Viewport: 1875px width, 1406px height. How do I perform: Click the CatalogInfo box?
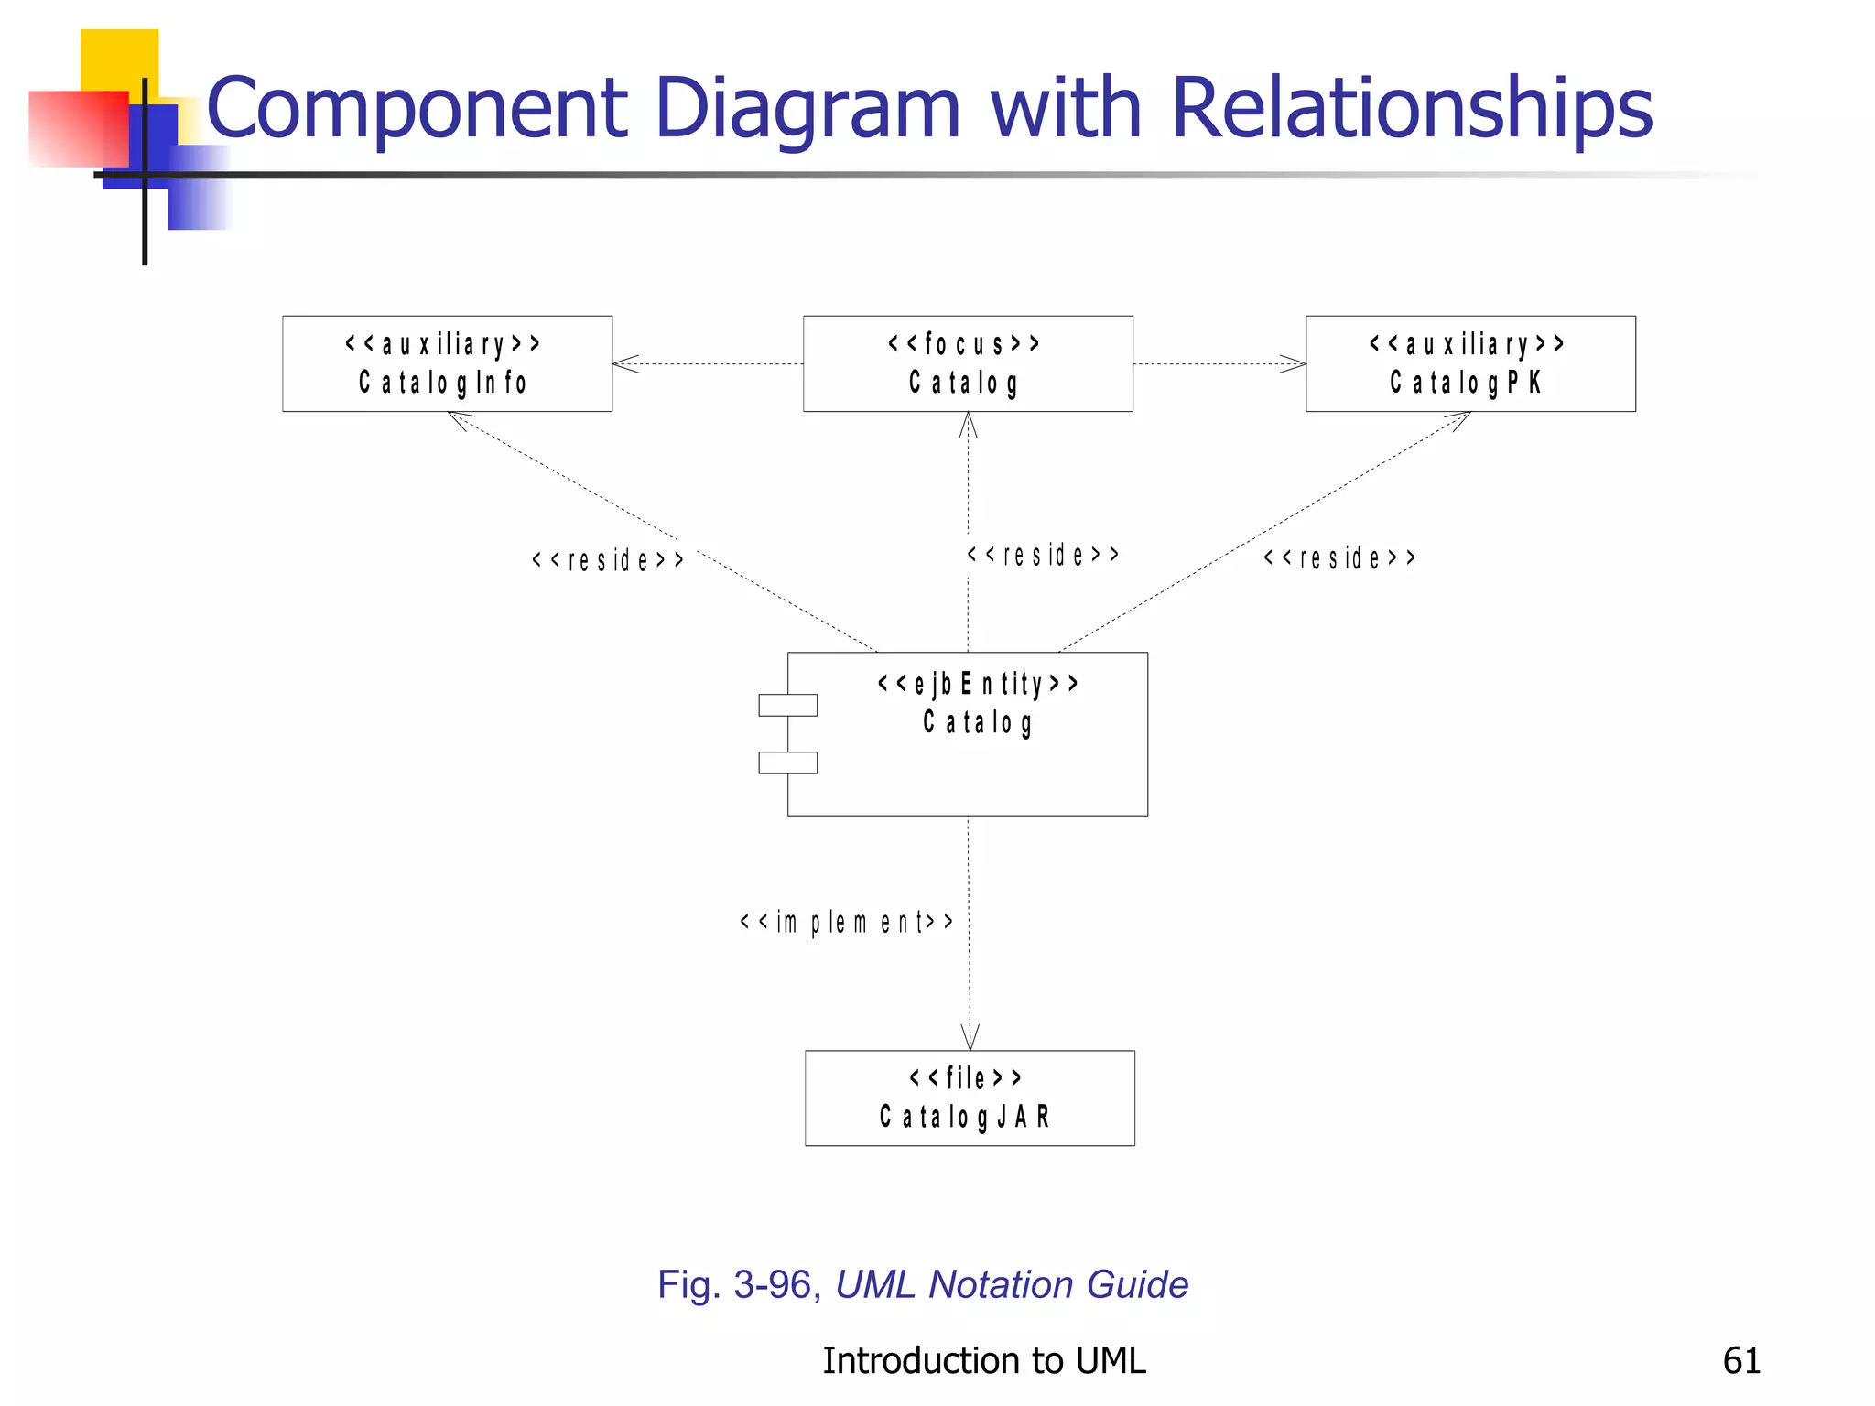pyautogui.click(x=447, y=363)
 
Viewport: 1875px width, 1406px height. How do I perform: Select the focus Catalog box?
pyautogui.click(x=968, y=363)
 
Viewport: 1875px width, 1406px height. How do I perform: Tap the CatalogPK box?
pyautogui.click(x=1470, y=363)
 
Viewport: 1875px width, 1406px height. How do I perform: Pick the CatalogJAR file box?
pyautogui.click(x=970, y=1098)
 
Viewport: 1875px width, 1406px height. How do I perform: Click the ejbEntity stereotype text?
pyautogui.click(x=977, y=684)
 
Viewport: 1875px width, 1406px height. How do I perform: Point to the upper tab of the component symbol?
pyautogui.click(x=787, y=705)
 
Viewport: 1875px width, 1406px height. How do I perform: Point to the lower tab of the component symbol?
pyautogui.click(x=787, y=762)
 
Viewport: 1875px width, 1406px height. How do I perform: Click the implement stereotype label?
pyautogui.click(x=846, y=922)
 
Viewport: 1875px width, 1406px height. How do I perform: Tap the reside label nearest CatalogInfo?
pyautogui.click(x=607, y=559)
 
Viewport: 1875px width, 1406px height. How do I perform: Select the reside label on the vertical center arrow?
pyautogui.click(x=1043, y=555)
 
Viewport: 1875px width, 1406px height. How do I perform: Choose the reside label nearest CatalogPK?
pyautogui.click(x=1339, y=557)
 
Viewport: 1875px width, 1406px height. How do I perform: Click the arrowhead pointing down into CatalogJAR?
pyautogui.click(x=970, y=1040)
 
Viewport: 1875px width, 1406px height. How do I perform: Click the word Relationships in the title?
pyautogui.click(x=1411, y=108)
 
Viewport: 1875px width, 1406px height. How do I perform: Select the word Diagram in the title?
pyautogui.click(x=807, y=108)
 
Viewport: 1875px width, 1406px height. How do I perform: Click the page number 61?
pyautogui.click(x=1740, y=1360)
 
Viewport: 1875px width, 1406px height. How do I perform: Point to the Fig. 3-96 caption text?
pyautogui.click(x=922, y=1284)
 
